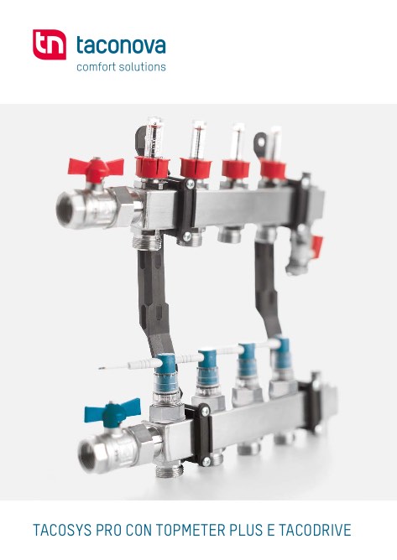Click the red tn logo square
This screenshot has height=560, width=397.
pyautogui.click(x=50, y=44)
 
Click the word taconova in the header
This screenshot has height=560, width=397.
pyautogui.click(x=121, y=45)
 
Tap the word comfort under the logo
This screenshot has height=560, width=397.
pyautogui.click(x=94, y=67)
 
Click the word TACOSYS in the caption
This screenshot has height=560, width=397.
pyautogui.click(x=62, y=530)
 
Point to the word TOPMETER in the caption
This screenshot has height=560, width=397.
pyautogui.click(x=191, y=530)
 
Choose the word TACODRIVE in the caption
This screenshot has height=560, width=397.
pyautogui.click(x=315, y=530)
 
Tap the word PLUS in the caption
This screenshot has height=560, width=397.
pyautogui.click(x=246, y=530)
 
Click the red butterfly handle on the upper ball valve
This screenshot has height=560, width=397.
pyautogui.click(x=96, y=169)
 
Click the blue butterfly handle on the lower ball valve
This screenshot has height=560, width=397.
pyautogui.click(x=112, y=412)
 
